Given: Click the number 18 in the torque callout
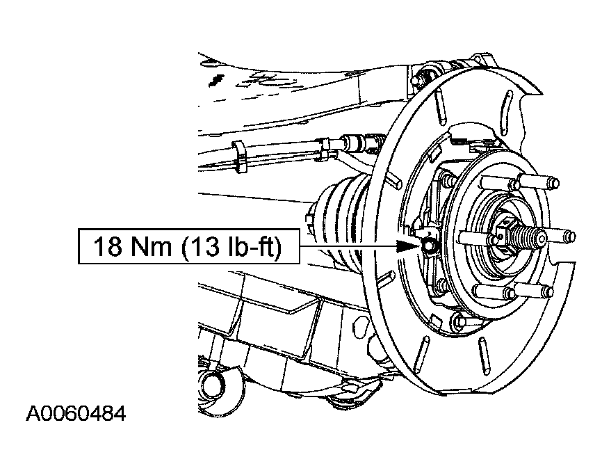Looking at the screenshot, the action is [x=108, y=246].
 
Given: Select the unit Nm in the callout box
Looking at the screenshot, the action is [x=151, y=246].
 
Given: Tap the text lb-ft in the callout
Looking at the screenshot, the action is [x=250, y=246].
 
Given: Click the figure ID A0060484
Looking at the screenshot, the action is [x=76, y=414].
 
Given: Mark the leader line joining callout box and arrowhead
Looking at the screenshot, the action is [x=348, y=246].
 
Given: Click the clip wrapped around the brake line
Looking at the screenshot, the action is [x=239, y=157].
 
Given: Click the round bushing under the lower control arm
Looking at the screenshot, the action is [x=214, y=385].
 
